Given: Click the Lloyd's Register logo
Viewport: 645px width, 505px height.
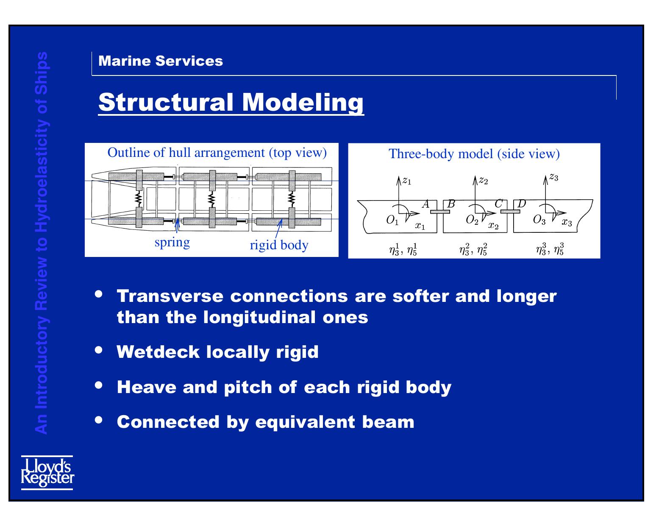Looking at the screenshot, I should (x=47, y=472).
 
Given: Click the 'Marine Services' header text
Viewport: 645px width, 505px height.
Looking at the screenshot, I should (x=161, y=61).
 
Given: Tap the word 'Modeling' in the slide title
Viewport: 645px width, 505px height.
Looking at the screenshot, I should (x=303, y=102).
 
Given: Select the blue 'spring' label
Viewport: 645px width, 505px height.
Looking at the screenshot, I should (x=172, y=243).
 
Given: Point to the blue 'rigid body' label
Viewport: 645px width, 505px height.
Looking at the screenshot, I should (x=279, y=245).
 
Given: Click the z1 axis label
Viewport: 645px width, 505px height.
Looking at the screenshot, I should (x=406, y=181).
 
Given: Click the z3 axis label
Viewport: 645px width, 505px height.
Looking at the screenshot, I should (x=553, y=177).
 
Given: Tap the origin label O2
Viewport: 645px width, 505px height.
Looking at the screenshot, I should (x=472, y=220).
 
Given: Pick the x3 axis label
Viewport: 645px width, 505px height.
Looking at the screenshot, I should (x=567, y=223).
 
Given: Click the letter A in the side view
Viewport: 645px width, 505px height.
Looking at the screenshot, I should (x=426, y=204).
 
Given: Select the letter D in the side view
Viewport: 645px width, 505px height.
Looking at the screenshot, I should (x=522, y=204).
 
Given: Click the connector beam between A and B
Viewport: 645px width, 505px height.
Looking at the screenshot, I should (x=442, y=212).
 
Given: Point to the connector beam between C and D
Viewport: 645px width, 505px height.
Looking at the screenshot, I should (x=510, y=211).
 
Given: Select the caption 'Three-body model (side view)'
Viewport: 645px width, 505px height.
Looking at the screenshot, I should (x=474, y=154).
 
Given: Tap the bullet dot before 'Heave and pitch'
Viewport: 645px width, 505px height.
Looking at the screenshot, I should (x=100, y=385).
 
